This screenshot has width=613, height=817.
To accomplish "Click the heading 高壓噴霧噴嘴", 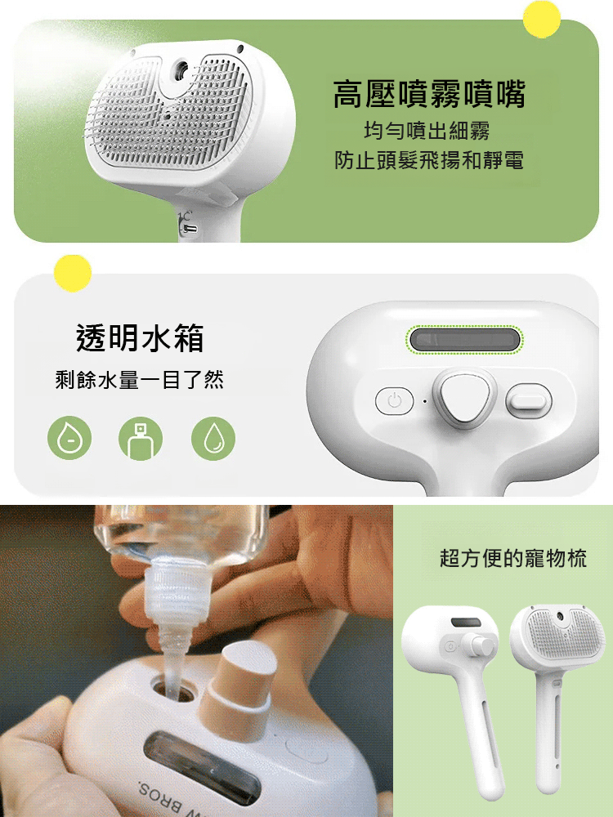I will (429, 95).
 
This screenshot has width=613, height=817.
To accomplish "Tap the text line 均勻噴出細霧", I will (427, 131).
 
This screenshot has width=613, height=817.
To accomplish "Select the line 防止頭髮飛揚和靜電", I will (429, 160).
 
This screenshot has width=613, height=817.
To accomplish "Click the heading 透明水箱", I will (140, 337).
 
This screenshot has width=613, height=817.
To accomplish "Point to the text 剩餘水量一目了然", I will (140, 380).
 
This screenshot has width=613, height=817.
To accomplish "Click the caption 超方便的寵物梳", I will (512, 559).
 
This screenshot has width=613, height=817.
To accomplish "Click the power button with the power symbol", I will (395, 401).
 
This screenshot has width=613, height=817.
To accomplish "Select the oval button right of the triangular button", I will (529, 400).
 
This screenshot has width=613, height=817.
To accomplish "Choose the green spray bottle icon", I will (141, 439).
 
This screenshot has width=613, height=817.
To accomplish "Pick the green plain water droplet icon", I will (213, 439).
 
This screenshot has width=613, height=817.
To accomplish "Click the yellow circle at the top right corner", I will (541, 19).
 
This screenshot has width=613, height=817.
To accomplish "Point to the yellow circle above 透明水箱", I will (73, 273).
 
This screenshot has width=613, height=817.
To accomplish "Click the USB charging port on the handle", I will (190, 228).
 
